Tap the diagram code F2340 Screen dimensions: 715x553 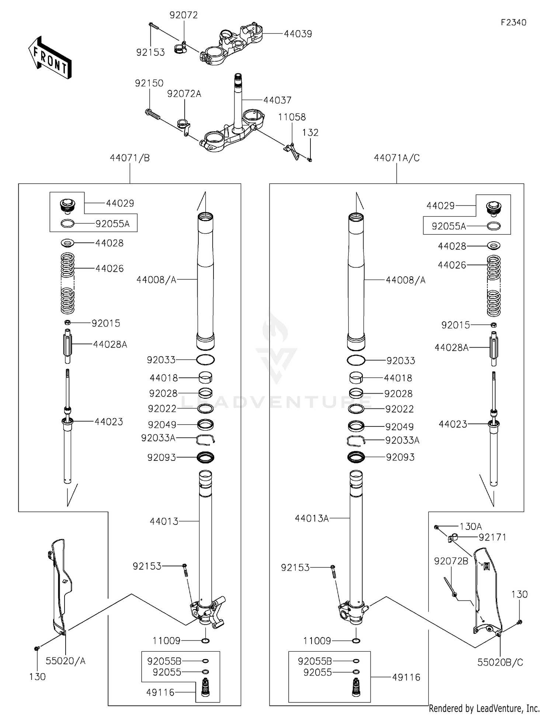513,23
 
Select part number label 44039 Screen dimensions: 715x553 298,34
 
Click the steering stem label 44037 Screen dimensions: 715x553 277,100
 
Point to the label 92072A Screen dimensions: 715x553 184,94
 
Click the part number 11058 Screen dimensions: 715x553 292,117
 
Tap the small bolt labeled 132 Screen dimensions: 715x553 310,160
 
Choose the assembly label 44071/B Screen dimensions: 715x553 130,158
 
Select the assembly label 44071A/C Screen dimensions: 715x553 397,158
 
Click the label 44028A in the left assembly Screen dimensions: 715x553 110,345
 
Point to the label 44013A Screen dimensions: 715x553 312,519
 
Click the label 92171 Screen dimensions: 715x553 492,538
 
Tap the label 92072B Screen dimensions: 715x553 451,561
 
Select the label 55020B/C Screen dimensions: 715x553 500,662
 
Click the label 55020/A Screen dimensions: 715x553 65,661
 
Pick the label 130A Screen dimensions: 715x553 470,526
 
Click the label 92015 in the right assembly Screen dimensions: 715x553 456,325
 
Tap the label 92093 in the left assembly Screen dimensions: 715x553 161,457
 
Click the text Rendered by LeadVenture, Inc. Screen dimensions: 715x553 484,708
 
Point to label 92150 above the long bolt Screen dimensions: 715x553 149,83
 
